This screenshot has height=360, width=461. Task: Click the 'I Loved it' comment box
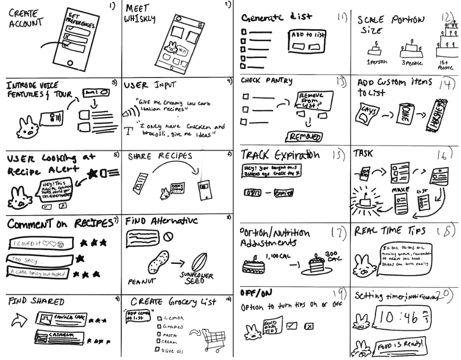click(39, 244)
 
